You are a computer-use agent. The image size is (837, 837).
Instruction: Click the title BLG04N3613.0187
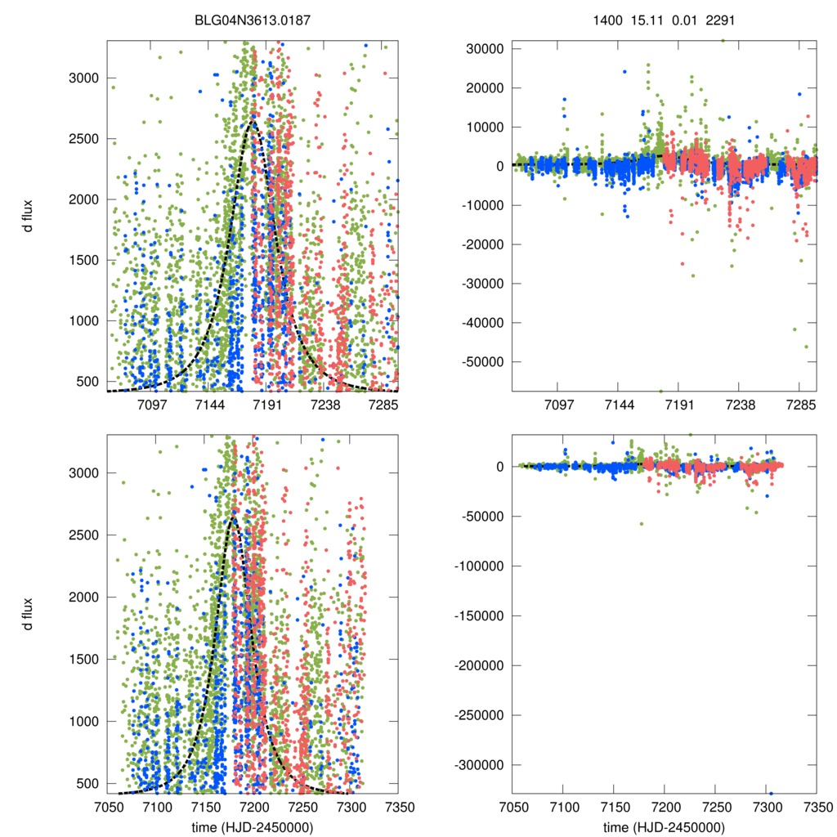pos(252,19)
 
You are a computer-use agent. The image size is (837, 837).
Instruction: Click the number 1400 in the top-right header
pos(607,19)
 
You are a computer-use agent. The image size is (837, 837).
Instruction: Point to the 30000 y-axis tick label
pos(483,49)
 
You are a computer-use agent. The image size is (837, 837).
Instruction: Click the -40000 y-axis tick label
pos(480,323)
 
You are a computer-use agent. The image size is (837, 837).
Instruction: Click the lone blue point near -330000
pos(770,793)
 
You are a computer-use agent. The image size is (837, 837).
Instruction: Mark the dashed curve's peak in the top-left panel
pos(253,122)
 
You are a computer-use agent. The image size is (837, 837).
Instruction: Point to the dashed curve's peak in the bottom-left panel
pos(232,517)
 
